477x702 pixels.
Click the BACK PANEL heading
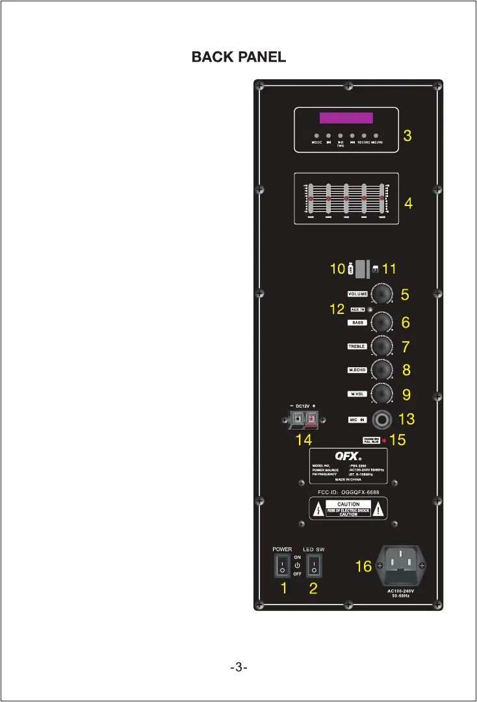(238, 57)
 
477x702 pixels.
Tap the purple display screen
(346, 118)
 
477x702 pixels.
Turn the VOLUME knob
(383, 294)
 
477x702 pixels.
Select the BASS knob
(383, 322)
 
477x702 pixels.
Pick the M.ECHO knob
(383, 370)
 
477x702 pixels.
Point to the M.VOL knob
(383, 394)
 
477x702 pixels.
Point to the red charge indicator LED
(384, 441)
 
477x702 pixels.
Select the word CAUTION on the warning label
(348, 504)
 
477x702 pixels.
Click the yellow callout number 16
(363, 567)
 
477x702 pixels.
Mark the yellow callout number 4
(408, 203)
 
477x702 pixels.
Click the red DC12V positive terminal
(312, 420)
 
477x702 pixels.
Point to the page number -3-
(238, 668)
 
